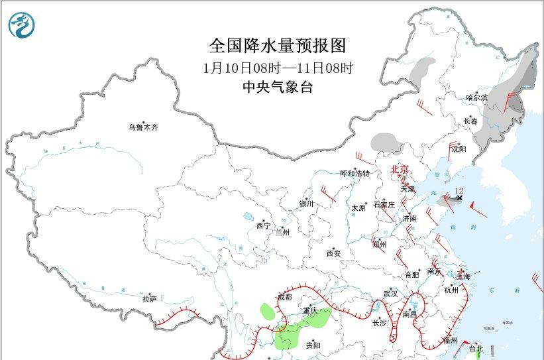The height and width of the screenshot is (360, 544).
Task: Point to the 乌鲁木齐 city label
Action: tap(144, 127)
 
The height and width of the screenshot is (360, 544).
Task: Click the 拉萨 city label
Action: tap(149, 299)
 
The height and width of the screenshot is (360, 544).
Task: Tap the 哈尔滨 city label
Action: tap(476, 97)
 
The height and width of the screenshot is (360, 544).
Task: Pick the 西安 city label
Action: tap(333, 253)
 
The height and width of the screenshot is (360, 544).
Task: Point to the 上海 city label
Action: tap(463, 276)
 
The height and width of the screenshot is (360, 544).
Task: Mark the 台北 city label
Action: tap(476, 348)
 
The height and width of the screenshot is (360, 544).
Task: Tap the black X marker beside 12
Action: tap(460, 198)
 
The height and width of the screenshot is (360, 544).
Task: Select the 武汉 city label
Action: tap(390, 293)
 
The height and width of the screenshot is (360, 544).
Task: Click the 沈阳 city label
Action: tap(459, 149)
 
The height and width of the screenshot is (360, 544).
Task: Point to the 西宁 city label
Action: tap(263, 226)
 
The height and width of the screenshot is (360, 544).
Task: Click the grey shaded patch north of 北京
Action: tap(387, 142)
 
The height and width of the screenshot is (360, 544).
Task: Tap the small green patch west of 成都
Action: tap(268, 311)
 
